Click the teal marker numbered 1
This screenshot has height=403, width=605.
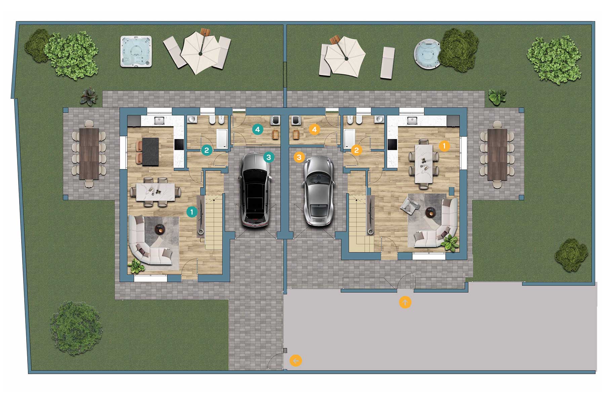pyautogui.click(x=192, y=212)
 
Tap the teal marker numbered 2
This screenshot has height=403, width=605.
pyautogui.click(x=207, y=150)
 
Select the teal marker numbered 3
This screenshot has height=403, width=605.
pyautogui.click(x=269, y=157)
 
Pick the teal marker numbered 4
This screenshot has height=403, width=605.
pyautogui.click(x=257, y=129)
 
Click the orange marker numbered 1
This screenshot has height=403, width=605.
pyautogui.click(x=444, y=146)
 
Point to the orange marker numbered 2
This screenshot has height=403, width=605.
pyautogui.click(x=357, y=150)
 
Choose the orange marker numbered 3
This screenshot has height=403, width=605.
pyautogui.click(x=299, y=157)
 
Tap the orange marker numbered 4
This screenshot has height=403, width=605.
pyautogui.click(x=314, y=129)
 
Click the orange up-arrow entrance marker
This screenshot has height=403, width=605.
pyautogui.click(x=405, y=302)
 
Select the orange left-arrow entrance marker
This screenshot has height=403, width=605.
pyautogui.click(x=296, y=361)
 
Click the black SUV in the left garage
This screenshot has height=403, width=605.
pyautogui.click(x=255, y=190)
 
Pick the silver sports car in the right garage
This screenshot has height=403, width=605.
pyautogui.click(x=318, y=191)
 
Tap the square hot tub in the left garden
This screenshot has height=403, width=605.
pyautogui.click(x=136, y=51)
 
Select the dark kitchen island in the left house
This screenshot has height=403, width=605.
pyautogui.click(x=150, y=151)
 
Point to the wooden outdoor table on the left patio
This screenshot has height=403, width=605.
pyautogui.click(x=89, y=153)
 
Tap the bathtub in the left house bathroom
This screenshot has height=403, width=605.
pyautogui.click(x=222, y=139)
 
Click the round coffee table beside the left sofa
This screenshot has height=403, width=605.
pyautogui.click(x=160, y=230)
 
